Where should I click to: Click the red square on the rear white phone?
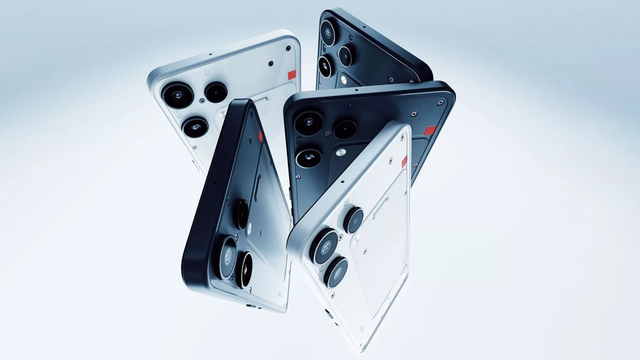click(292, 75)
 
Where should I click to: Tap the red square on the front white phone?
click(404, 162)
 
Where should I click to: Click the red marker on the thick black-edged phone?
click(260, 135)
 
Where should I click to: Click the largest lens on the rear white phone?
click(177, 95)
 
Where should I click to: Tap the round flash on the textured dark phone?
click(340, 153)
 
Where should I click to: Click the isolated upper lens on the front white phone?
click(353, 220)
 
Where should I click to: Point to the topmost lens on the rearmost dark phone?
click(328, 32)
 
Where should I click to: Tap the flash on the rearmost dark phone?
click(343, 80)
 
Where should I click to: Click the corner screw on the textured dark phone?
click(442, 102)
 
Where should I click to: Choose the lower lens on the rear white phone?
click(196, 127)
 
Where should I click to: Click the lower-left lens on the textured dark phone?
click(309, 158)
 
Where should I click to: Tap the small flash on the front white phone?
click(357, 239)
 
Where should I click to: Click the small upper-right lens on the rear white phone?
click(216, 92)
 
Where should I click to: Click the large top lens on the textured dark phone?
click(309, 123)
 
